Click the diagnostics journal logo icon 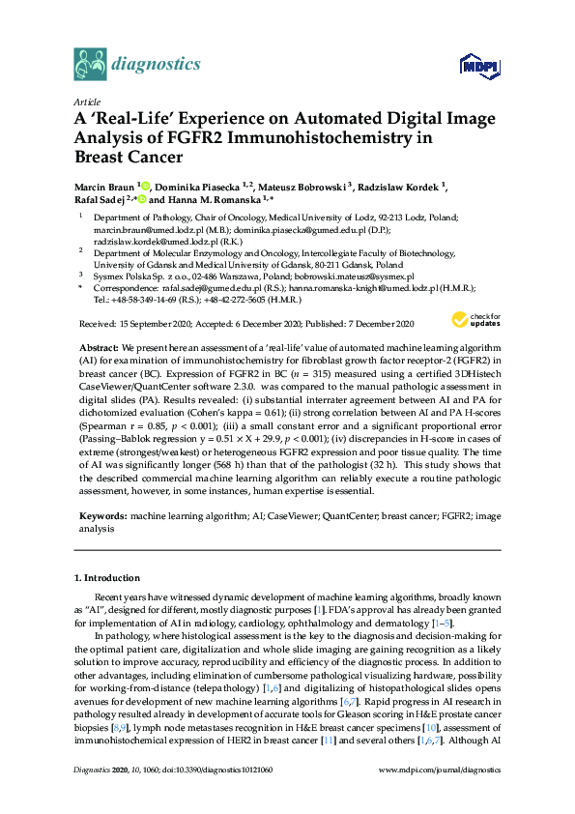pyautogui.click(x=90, y=65)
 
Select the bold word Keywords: pyautogui.click(x=101, y=517)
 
